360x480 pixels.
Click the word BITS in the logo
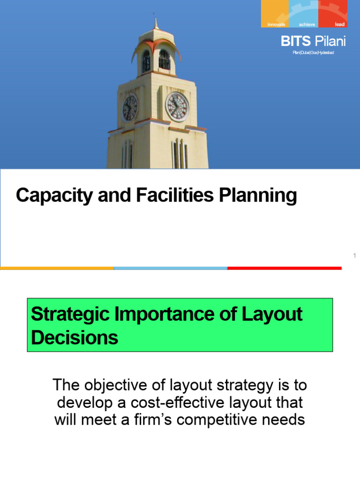295,41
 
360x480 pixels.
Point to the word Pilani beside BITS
330,41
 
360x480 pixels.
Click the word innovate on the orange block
276,24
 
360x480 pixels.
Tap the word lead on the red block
340,24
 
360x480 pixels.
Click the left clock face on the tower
130,107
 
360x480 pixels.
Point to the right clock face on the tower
178,106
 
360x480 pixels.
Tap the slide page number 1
355,255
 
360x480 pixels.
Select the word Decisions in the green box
75,337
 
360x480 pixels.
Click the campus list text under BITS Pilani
313,52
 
